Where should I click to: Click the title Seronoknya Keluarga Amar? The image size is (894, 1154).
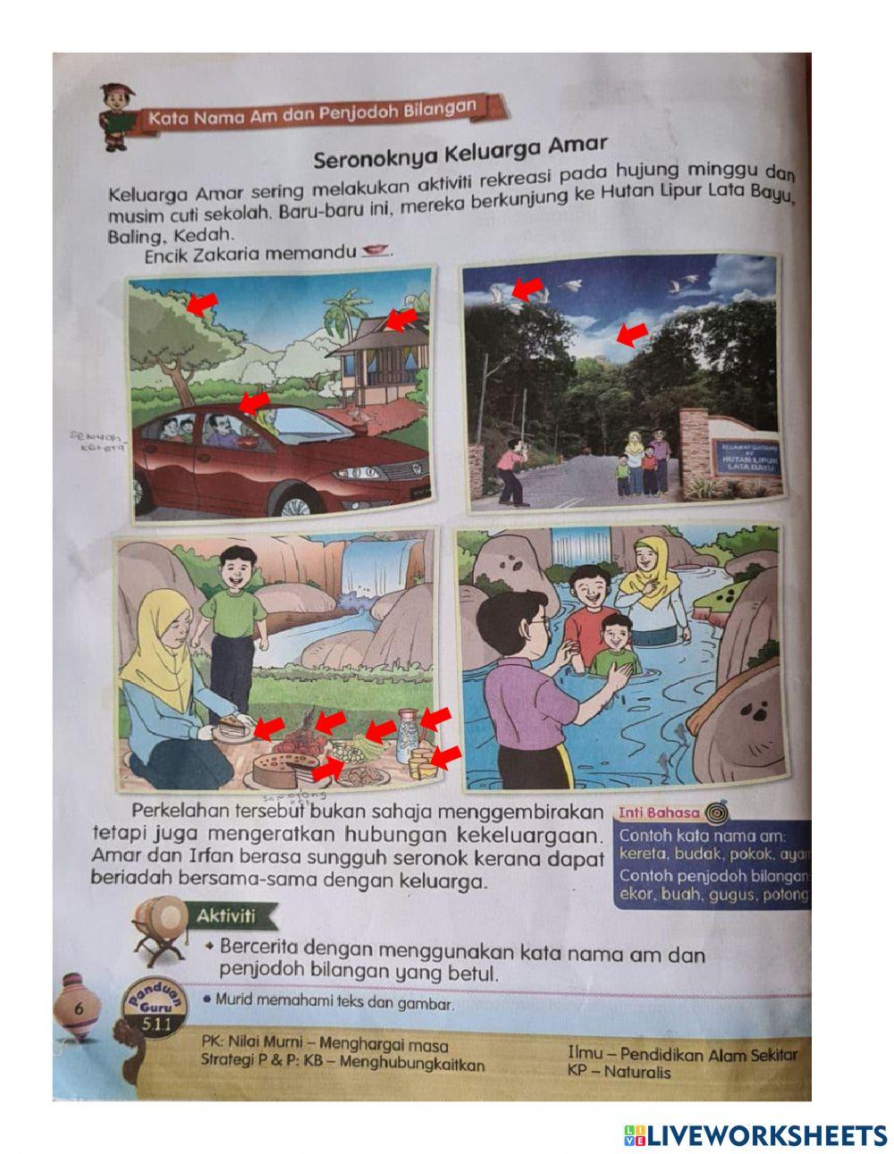tap(460, 152)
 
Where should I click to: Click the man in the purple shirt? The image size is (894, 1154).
tap(527, 688)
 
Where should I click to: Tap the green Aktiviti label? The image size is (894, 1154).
tap(226, 916)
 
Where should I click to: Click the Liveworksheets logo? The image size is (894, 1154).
tap(755, 1135)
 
